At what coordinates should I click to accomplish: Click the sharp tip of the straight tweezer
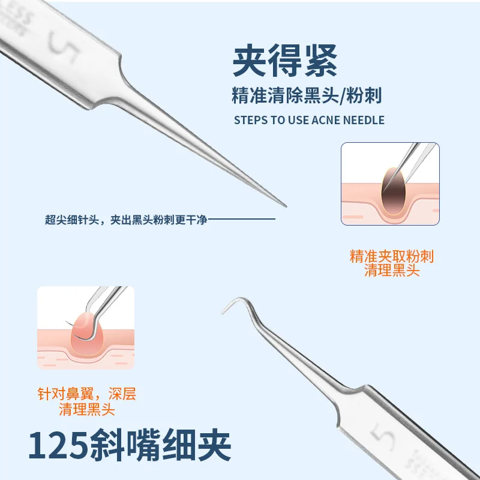click(285, 206)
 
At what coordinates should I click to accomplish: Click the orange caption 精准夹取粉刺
click(391, 257)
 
